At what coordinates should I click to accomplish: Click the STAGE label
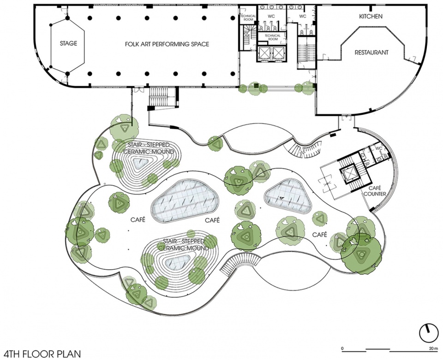(68, 43)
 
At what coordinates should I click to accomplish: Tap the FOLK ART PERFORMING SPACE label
(167, 44)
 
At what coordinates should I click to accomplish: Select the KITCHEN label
(371, 17)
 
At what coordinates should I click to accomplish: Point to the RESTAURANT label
(371, 52)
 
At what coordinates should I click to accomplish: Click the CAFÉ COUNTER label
(375, 191)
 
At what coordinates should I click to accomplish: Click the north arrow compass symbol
(429, 333)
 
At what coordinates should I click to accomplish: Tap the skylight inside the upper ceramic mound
(140, 163)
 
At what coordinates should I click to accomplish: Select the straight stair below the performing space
(158, 96)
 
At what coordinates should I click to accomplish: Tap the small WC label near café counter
(379, 148)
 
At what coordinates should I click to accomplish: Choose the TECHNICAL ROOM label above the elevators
(272, 37)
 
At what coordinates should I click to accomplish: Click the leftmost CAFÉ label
(138, 219)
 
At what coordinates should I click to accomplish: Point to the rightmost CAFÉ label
(319, 235)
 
